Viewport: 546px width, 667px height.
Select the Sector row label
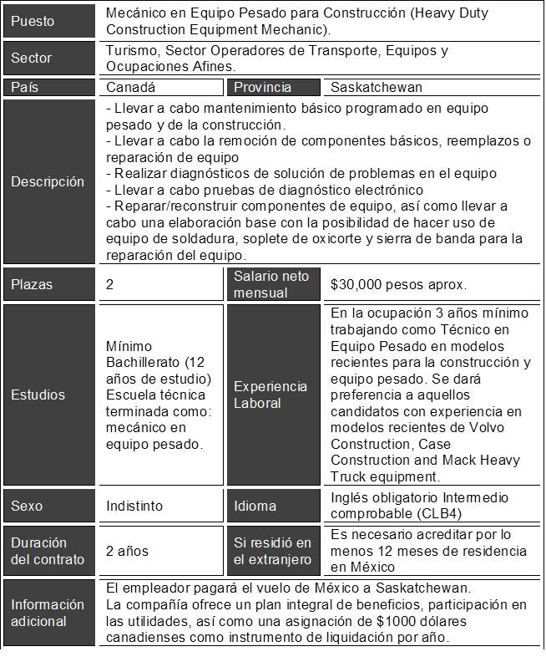(32, 59)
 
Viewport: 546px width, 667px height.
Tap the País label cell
(25, 87)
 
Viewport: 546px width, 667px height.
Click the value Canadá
(131, 87)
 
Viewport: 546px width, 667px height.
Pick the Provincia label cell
(263, 87)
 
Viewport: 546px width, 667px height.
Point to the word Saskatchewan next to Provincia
(377, 87)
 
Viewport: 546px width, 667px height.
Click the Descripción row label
(48, 181)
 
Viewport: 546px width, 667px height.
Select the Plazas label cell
(33, 284)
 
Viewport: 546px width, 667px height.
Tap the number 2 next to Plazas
(110, 284)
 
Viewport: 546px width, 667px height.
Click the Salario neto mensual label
(271, 284)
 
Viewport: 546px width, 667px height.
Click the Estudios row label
(38, 395)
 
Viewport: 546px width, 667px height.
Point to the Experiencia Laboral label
(269, 395)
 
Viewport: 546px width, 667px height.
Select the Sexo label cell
(27, 506)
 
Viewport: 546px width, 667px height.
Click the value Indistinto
(134, 506)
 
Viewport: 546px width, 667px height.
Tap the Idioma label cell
(255, 506)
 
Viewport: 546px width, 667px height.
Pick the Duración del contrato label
(48, 551)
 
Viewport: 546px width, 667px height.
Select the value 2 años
(127, 551)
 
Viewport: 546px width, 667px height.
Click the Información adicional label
(48, 613)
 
